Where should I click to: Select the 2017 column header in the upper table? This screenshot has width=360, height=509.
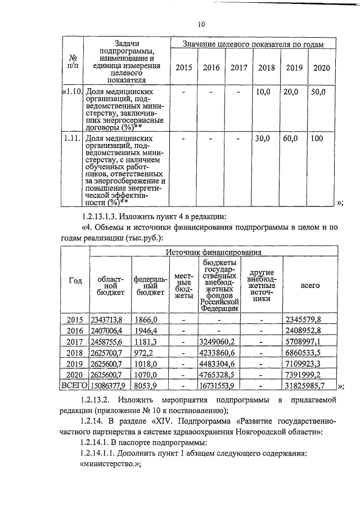coord(238,68)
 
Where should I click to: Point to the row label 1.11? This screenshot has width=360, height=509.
coord(71,138)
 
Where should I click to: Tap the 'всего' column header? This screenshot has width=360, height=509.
coord(310,285)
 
